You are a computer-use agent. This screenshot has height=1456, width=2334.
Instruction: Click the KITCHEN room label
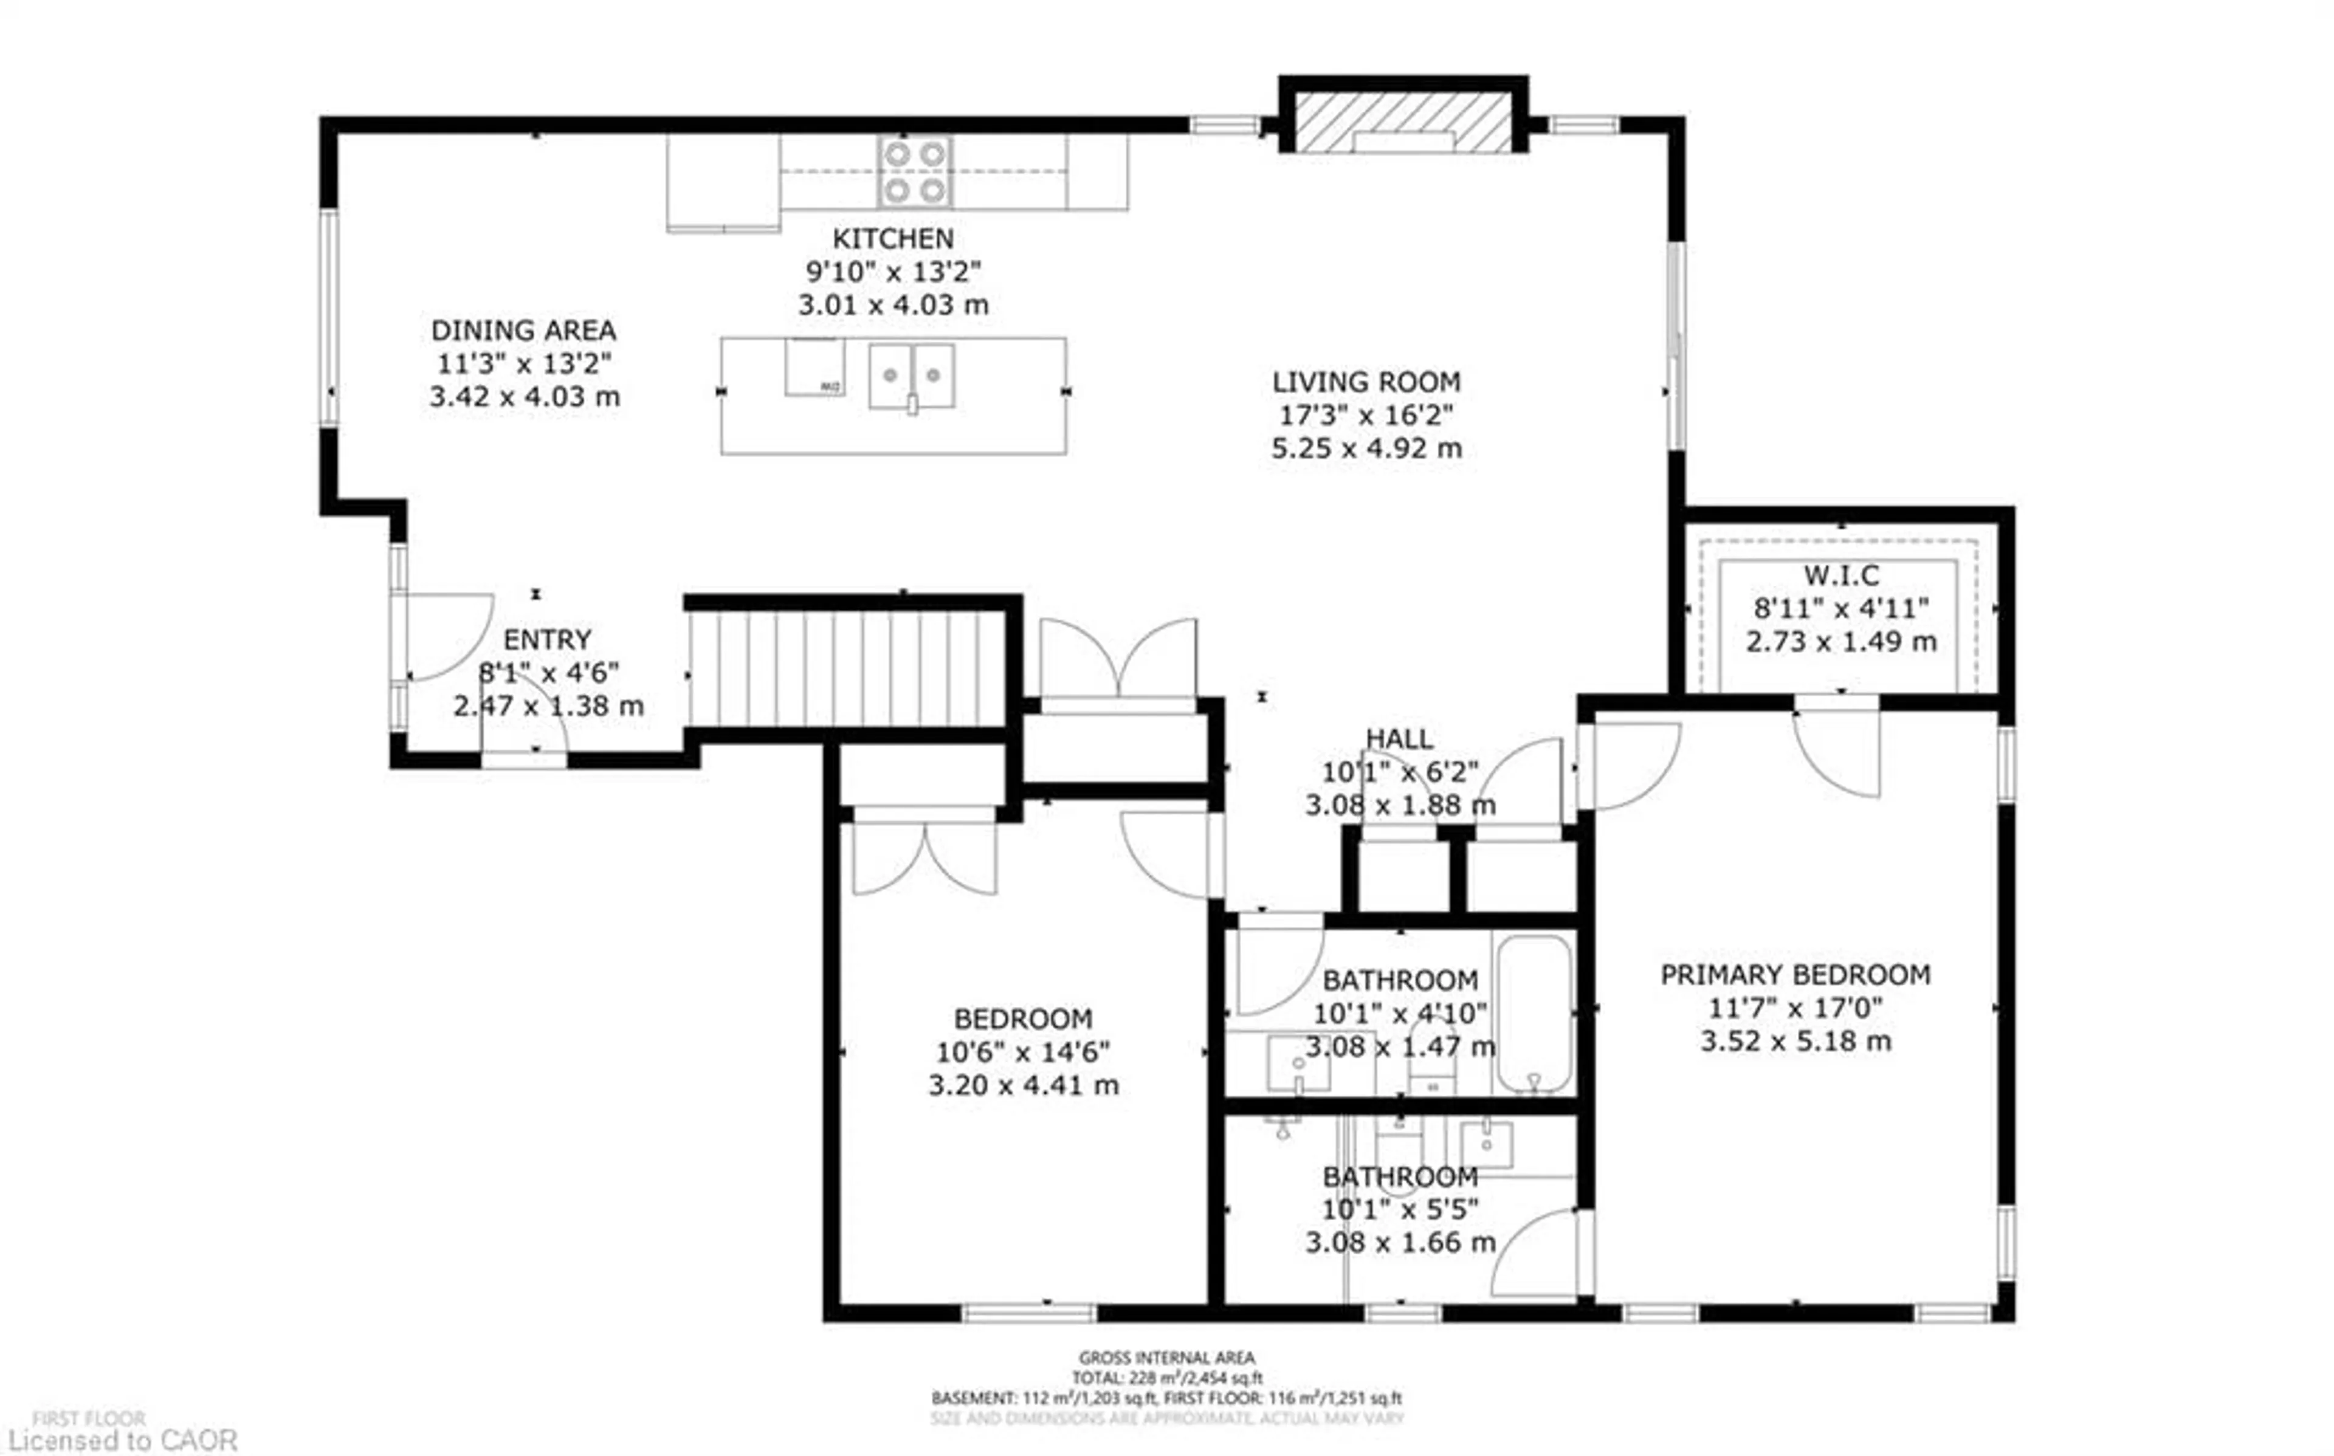click(x=893, y=238)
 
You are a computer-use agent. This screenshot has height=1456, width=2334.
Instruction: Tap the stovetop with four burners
click(x=915, y=171)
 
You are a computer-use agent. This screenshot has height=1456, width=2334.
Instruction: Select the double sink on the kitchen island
click(x=911, y=376)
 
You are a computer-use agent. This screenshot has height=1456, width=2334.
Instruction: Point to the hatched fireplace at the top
click(x=1402, y=122)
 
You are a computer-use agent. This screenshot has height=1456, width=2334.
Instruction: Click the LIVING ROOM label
click(x=1365, y=382)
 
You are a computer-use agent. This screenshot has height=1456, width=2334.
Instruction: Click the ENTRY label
click(x=547, y=639)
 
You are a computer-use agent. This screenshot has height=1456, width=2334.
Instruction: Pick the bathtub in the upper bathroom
click(x=1535, y=1015)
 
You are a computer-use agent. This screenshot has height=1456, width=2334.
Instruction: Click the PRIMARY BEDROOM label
click(x=1795, y=975)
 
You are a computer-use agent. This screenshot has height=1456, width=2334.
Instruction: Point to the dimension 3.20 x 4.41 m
click(x=1022, y=1085)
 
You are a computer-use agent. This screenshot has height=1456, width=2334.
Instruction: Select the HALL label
click(x=1399, y=738)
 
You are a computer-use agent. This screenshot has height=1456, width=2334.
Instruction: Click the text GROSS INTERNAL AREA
click(x=1166, y=1358)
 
